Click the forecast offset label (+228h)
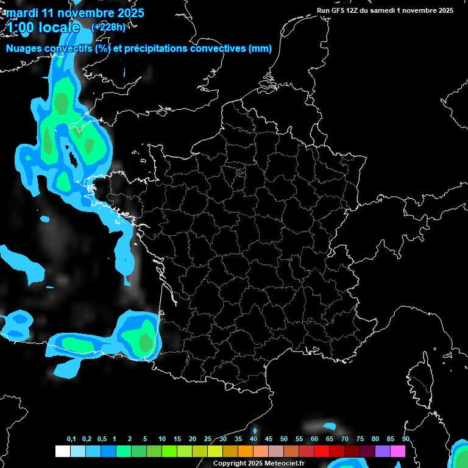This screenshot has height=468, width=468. click(x=108, y=27)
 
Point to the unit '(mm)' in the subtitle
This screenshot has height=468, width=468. click(x=260, y=49)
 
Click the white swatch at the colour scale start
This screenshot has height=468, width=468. click(x=62, y=451)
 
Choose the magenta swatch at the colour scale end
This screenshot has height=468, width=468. click(x=398, y=451)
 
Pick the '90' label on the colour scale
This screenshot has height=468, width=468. click(x=405, y=439)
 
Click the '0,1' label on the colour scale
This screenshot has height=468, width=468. click(x=71, y=439)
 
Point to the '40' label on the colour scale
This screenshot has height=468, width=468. click(x=253, y=439)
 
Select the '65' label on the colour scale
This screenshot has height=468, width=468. click(x=330, y=439)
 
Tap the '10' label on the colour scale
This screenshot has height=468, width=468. click(x=162, y=439)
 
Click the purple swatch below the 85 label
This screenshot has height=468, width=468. click(x=383, y=451)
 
